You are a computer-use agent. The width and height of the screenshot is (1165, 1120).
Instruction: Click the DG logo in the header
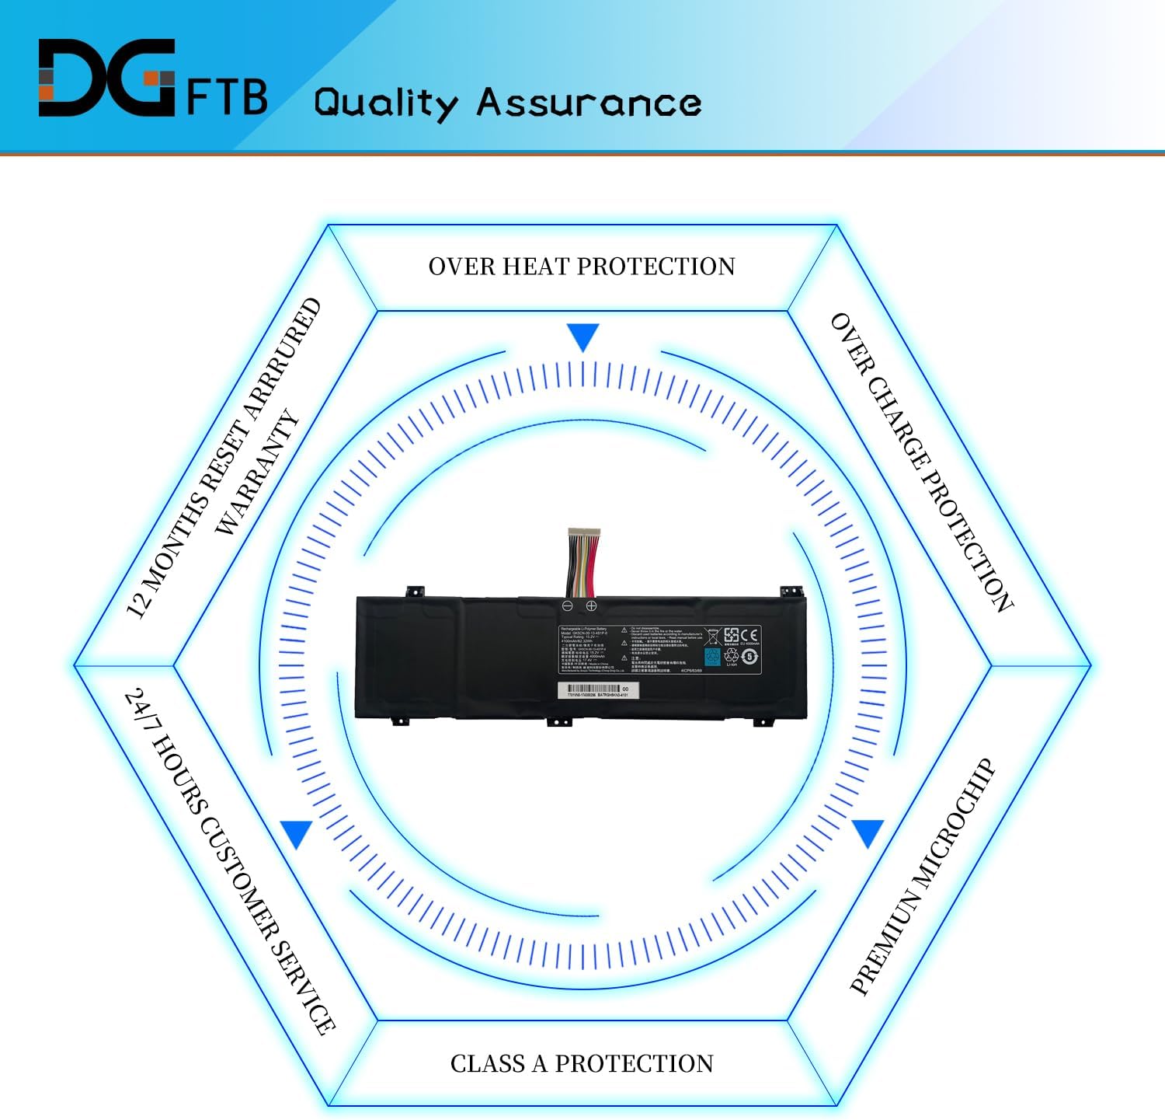tap(106, 78)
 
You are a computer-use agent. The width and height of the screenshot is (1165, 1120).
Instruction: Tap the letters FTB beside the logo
tap(228, 96)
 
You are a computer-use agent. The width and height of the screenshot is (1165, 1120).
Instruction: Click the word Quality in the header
tap(386, 103)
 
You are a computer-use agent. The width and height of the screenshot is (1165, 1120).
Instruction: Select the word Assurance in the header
tap(589, 103)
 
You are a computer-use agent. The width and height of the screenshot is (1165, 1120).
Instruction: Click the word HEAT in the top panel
tap(535, 267)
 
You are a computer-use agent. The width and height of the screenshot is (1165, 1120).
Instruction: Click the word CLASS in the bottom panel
tap(487, 1063)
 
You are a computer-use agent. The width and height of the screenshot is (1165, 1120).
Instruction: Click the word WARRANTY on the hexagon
tap(257, 473)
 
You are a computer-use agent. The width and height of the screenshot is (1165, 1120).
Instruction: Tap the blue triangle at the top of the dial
tap(582, 337)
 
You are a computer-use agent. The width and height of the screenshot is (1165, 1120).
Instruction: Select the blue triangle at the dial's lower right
tap(868, 832)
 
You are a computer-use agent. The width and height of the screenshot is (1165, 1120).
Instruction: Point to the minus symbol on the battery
tap(568, 605)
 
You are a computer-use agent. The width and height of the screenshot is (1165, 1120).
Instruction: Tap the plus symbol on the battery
tap(591, 605)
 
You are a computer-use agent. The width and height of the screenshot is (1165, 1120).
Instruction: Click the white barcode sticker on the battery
tap(598, 690)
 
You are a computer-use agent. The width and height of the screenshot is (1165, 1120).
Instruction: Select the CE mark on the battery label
tap(749, 635)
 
